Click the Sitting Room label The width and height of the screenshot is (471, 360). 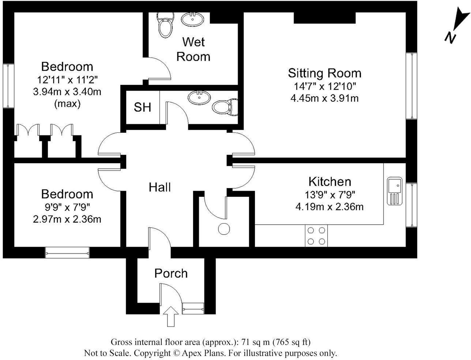(324, 73)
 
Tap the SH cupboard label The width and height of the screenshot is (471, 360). (142, 107)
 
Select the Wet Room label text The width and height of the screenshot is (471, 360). (193, 49)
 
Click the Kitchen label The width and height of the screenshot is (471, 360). (329, 181)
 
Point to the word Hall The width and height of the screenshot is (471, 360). (160, 187)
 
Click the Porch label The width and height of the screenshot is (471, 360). (171, 273)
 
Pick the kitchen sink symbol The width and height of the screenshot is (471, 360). (395, 191)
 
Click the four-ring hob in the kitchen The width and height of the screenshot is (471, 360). (316, 236)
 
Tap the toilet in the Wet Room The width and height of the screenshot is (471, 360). (164, 24)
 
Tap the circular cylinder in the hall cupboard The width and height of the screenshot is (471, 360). (224, 229)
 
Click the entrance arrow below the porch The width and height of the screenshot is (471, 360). (170, 316)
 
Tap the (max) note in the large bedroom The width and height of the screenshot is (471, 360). (67, 104)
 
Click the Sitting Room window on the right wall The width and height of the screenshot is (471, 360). (411, 86)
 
